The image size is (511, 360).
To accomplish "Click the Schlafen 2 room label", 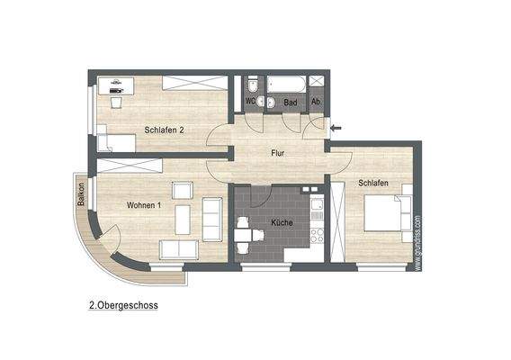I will [x=164, y=130].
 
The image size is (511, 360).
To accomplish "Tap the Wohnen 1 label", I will [x=144, y=206].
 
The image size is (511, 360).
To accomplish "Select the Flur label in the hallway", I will [x=278, y=154].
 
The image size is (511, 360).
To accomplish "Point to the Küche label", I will [x=282, y=221].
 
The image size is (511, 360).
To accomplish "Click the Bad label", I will [x=291, y=103].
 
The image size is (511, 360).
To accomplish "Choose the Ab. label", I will [x=317, y=102].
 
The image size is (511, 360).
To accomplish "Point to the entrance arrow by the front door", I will [x=336, y=128].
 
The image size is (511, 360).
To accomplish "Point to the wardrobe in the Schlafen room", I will [x=339, y=221].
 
